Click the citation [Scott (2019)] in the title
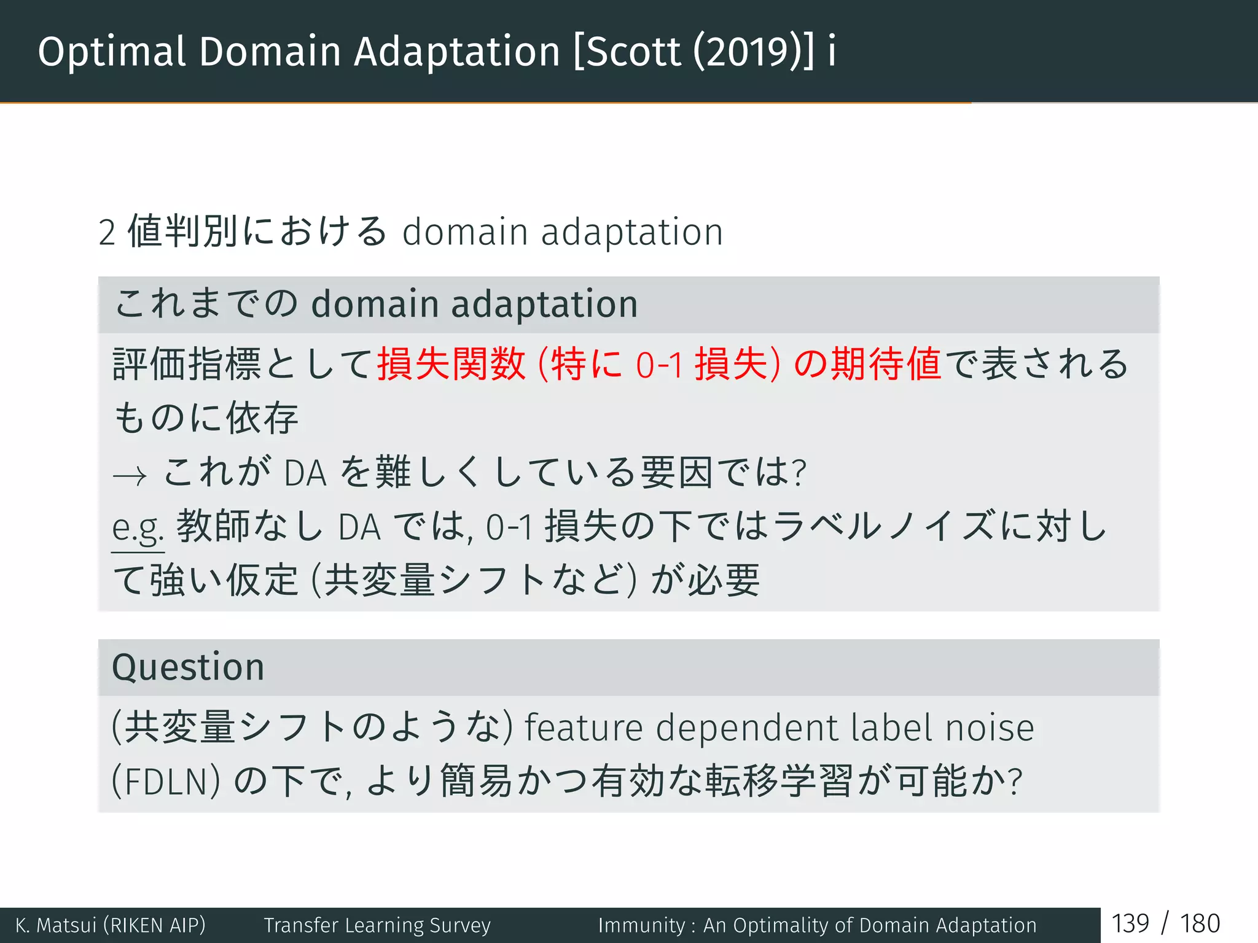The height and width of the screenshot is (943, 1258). coord(694,52)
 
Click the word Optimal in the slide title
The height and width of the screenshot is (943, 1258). coord(111,52)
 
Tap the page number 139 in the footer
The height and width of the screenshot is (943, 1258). coord(1130,924)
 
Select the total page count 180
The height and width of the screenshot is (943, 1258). coord(1200,924)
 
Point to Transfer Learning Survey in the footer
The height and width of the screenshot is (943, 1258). coord(377,925)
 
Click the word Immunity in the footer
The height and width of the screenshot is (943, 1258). coord(641,925)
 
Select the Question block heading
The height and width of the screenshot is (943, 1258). coord(188,667)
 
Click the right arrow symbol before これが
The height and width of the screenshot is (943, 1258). coord(130,475)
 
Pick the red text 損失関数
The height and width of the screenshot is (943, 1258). coord(451,364)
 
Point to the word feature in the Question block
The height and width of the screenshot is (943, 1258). coord(583,728)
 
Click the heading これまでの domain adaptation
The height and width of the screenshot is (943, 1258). coord(376,305)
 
